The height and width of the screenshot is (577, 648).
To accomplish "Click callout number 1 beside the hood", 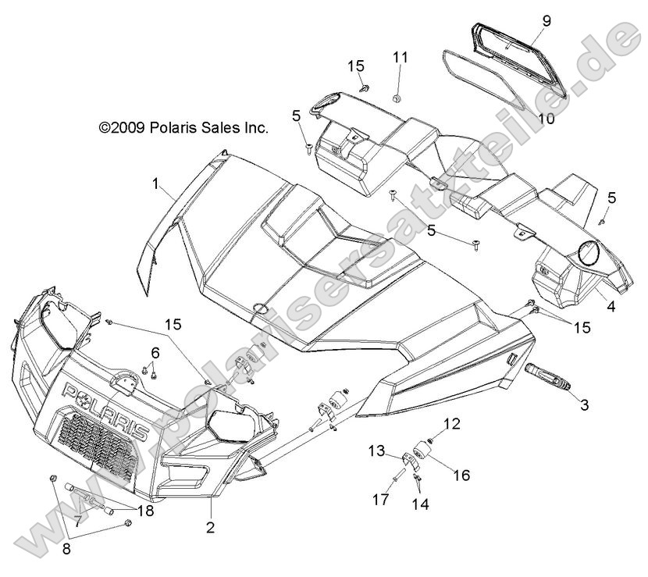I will (155, 184).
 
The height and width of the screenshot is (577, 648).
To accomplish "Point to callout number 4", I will (611, 308).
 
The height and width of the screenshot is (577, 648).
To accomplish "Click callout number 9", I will (547, 21).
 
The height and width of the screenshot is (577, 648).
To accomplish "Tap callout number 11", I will (400, 57).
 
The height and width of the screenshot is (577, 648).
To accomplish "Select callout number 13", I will (377, 451).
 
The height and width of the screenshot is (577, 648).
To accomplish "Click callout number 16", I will (461, 475).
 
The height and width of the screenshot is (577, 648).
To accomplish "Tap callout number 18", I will (146, 511).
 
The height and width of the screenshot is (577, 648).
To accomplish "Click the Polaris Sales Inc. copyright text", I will (183, 127).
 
